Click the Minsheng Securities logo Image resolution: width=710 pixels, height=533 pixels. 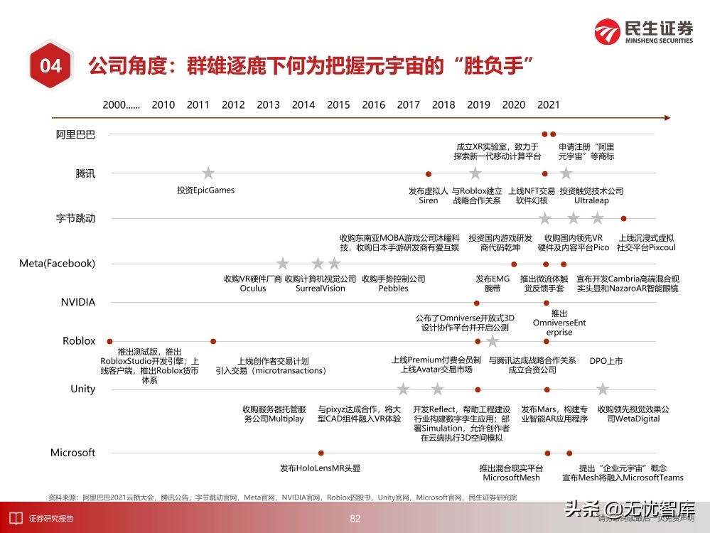tap(644, 32)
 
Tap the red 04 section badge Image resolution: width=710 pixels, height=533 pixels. tap(50, 66)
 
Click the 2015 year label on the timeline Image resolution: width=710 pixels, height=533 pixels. tap(338, 104)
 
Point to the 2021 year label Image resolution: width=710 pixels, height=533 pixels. tap(548, 104)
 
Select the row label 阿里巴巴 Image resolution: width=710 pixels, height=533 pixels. tap(76, 134)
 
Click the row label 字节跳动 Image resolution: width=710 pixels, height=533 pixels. tap(76, 218)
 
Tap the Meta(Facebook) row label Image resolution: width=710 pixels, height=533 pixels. tap(57, 264)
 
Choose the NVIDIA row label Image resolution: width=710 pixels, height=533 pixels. tap(78, 302)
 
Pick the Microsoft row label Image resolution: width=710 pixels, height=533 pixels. tap(72, 453)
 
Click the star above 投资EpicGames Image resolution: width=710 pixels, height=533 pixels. tap(208, 173)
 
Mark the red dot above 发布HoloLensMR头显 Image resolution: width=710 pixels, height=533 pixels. tap(321, 453)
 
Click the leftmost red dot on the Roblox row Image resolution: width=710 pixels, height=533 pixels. tap(109, 341)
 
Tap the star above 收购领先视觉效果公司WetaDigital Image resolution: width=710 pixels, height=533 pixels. tap(603, 389)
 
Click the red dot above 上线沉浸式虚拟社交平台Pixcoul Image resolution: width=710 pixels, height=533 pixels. tap(623, 218)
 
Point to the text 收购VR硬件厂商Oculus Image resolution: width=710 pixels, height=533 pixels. tap(253, 284)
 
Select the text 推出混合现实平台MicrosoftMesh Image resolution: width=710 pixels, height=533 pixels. tap(511, 473)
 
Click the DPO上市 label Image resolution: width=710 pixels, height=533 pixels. tap(606, 361)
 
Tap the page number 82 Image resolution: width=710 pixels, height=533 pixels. tap(355, 519)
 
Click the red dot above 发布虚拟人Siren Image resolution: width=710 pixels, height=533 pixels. tap(428, 173)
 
